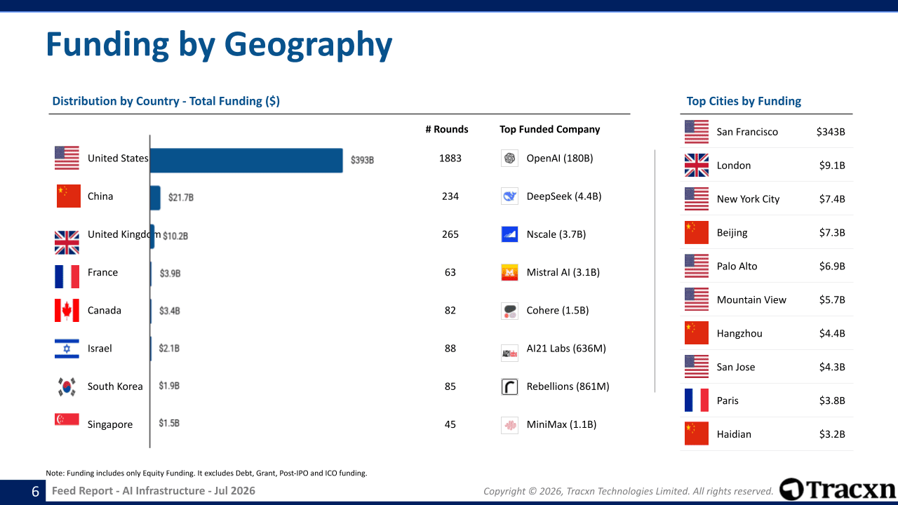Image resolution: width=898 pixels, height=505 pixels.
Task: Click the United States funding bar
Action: click(x=246, y=161)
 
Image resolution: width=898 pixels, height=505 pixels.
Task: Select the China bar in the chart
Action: click(x=155, y=198)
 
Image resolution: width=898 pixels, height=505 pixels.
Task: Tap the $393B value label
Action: click(x=363, y=161)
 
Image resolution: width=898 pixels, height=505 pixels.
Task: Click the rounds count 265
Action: click(x=450, y=234)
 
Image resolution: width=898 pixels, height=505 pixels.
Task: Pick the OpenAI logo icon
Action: click(x=509, y=158)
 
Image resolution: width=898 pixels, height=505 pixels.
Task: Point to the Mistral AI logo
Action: click(x=509, y=273)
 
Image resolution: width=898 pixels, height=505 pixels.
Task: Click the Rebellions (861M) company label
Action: click(x=568, y=386)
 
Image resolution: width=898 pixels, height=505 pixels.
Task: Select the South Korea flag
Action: click(x=67, y=386)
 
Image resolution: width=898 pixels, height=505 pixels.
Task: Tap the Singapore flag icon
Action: click(x=67, y=419)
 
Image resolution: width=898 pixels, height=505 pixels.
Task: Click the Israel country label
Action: click(x=100, y=349)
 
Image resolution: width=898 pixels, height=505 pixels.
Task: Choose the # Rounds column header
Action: click(x=447, y=129)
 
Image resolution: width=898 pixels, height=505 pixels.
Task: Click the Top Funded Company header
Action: click(x=549, y=129)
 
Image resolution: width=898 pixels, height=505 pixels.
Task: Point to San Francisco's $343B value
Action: click(x=831, y=132)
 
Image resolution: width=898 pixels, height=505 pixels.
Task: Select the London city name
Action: click(x=734, y=166)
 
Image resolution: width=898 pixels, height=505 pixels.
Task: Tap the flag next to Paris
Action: click(x=697, y=400)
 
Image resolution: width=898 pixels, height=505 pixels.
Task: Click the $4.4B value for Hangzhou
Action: click(x=832, y=333)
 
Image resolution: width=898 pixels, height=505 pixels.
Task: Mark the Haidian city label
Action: click(x=734, y=434)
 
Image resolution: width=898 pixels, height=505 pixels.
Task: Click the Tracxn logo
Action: click(x=837, y=490)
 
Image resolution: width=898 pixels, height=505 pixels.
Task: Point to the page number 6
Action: click(x=35, y=492)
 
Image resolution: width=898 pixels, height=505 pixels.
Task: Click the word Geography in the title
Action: click(x=308, y=46)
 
